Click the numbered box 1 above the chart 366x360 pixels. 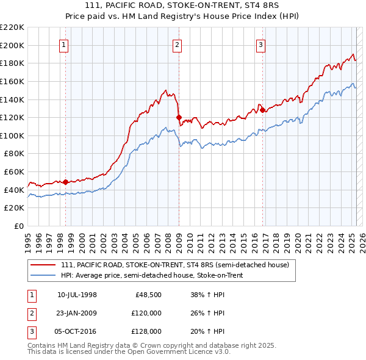(64, 44)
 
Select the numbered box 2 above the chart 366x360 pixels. (177, 44)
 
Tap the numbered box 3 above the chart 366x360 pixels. (260, 44)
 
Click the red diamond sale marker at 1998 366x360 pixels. (65, 181)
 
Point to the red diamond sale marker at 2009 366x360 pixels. (179, 117)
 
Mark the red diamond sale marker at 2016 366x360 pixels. (262, 110)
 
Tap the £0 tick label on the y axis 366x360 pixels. (18, 226)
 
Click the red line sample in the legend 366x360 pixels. (43, 264)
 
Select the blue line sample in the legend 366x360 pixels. (43, 275)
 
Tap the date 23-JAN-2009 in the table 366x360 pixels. (77, 313)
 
